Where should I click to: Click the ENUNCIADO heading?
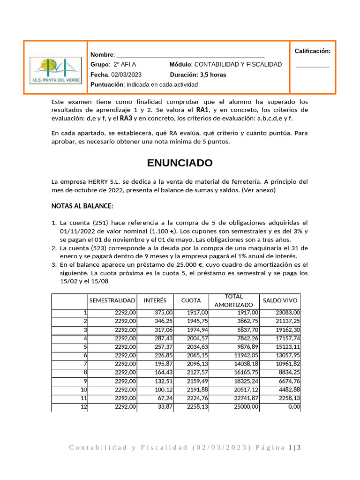pyautogui.click(x=180, y=163)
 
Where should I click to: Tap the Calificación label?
pyautogui.click(x=312, y=51)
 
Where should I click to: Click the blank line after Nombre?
pyautogui.click(x=190, y=55)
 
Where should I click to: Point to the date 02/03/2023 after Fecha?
pyautogui.click(x=126, y=75)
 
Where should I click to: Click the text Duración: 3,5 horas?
pyautogui.click(x=198, y=75)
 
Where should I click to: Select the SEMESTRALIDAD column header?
pyautogui.click(x=112, y=300)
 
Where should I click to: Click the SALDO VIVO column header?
pyautogui.click(x=280, y=300)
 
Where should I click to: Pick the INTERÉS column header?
pyautogui.click(x=155, y=300)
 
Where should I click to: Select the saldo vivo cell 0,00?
pyautogui.click(x=293, y=407)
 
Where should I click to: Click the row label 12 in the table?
pyautogui.click(x=84, y=407)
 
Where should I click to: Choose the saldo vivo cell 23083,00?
pyautogui.click(x=288, y=313)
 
